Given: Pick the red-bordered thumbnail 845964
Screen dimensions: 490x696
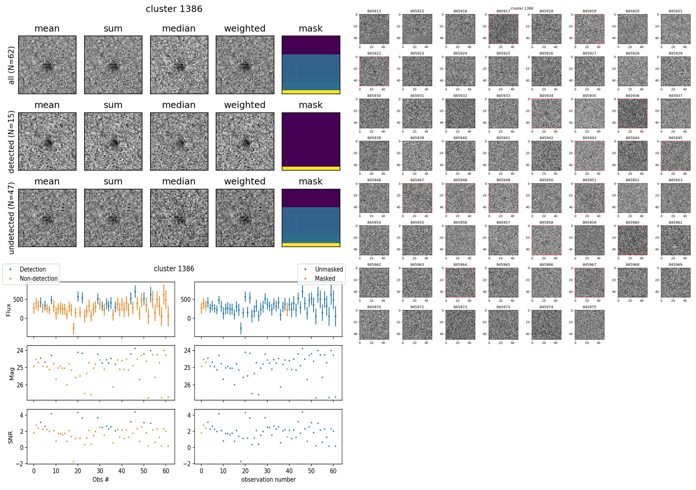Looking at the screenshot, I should tap(460, 282).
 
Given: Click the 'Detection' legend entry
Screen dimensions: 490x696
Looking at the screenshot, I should tap(32, 269).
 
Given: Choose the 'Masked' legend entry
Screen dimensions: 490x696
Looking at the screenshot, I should tap(325, 278).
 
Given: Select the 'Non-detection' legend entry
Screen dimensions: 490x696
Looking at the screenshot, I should tap(38, 278).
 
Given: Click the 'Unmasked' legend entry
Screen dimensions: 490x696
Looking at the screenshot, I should tap(329, 269).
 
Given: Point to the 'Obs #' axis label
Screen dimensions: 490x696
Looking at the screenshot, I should tap(101, 479).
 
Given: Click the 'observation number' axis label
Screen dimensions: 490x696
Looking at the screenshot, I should tap(268, 479).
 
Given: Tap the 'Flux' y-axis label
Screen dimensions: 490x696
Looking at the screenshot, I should tap(8, 310).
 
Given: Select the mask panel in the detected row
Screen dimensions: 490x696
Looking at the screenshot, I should tap(311, 142).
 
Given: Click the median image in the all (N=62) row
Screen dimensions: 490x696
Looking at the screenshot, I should tap(179, 65).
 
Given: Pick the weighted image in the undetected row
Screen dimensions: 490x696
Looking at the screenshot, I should tap(245, 218).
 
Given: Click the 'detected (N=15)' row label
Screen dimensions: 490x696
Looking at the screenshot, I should tap(11, 142).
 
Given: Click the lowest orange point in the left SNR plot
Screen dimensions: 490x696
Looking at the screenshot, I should tap(73, 462).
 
